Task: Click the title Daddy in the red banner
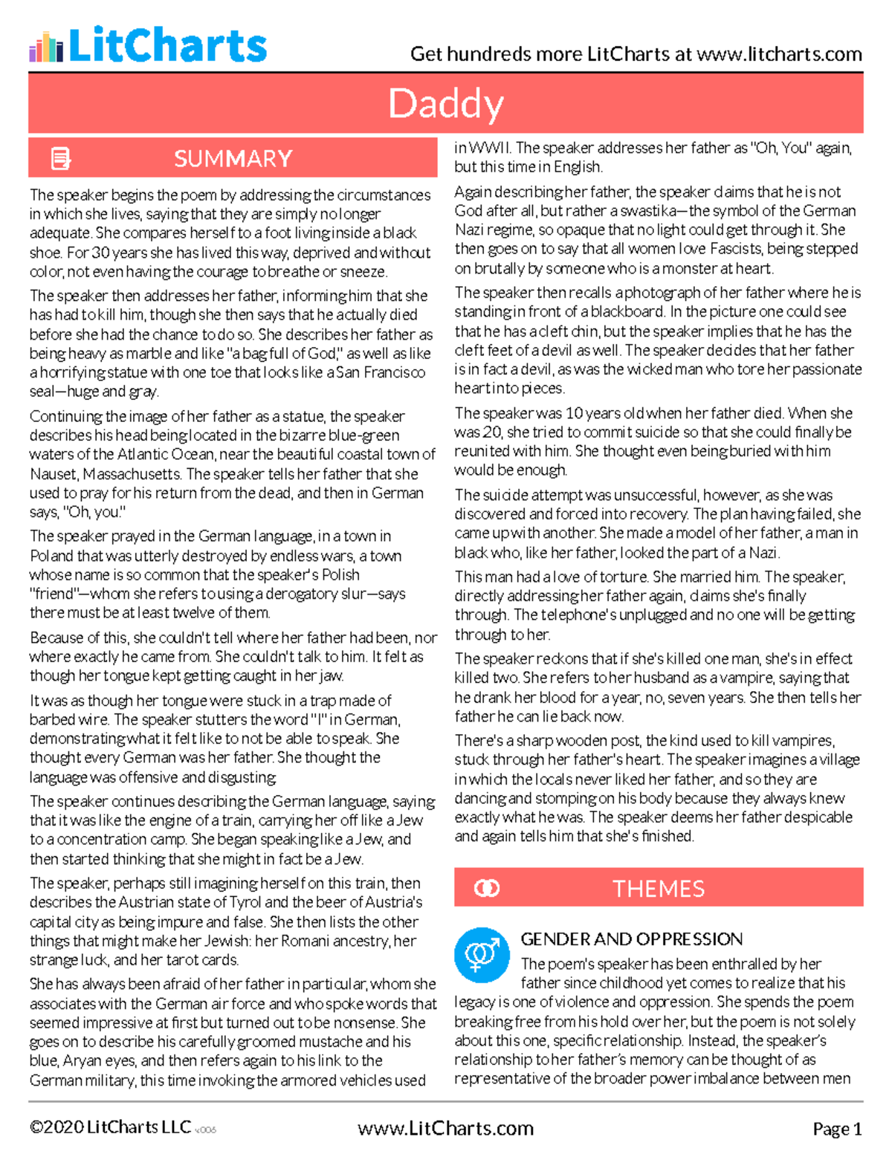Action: pyautogui.click(x=446, y=103)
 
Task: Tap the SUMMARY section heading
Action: pyautogui.click(x=233, y=158)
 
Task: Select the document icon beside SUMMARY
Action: pyautogui.click(x=61, y=158)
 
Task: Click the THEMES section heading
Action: pyautogui.click(x=658, y=889)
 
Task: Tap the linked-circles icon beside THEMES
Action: pyautogui.click(x=487, y=889)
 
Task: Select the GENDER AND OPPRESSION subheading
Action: pyautogui.click(x=631, y=939)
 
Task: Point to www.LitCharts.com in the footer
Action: pyautogui.click(x=445, y=1128)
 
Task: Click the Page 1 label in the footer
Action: pyautogui.click(x=837, y=1129)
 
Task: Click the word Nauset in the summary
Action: pyautogui.click(x=54, y=474)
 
